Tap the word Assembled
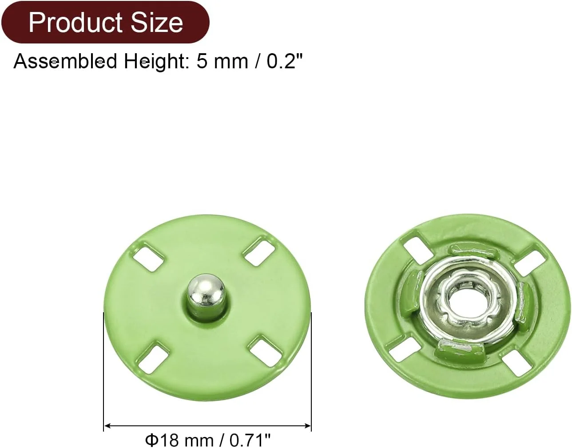click(65, 61)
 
